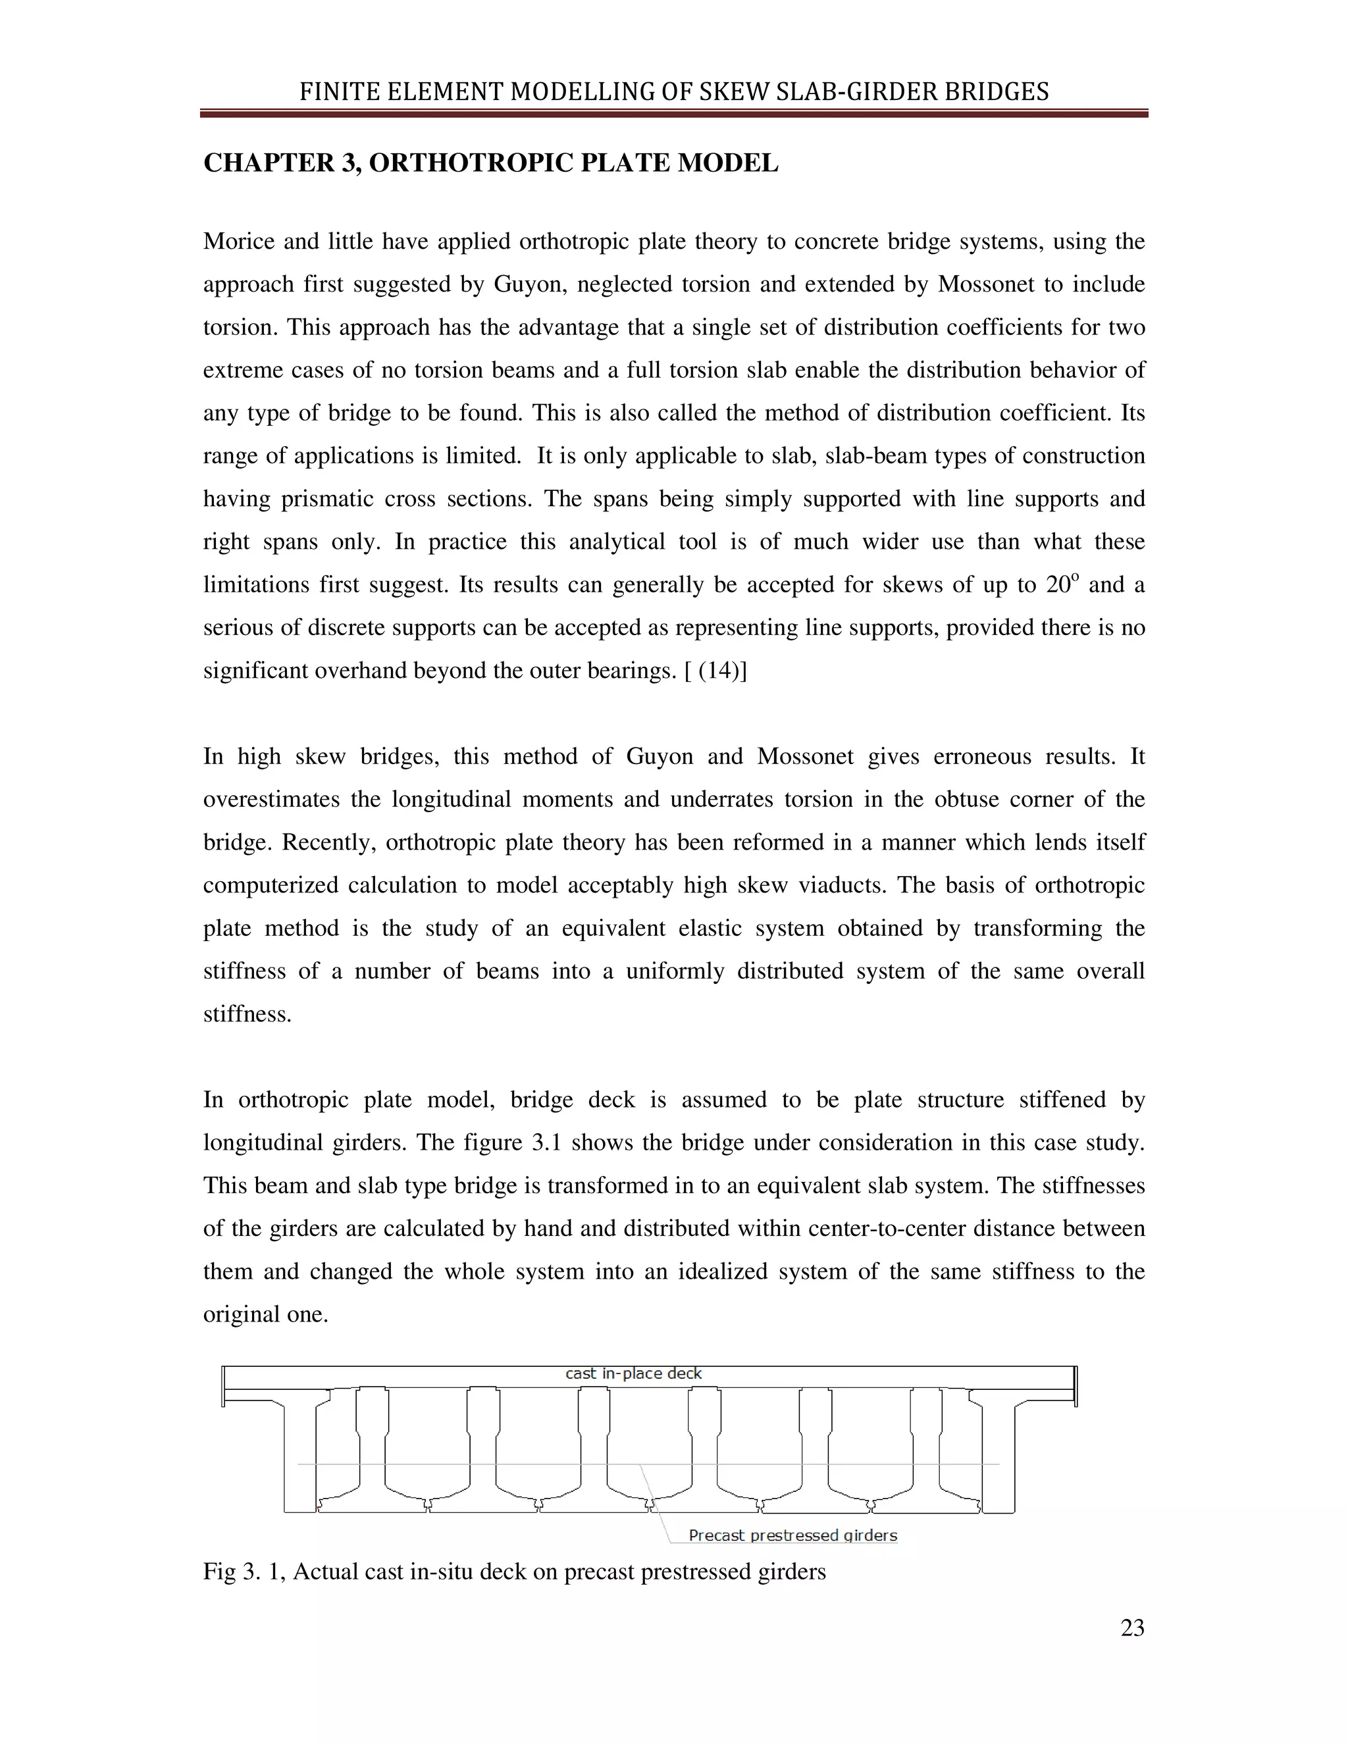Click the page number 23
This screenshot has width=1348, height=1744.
[x=1131, y=1628]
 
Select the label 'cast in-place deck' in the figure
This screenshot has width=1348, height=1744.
[x=633, y=1373]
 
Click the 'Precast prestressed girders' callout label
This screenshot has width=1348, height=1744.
[x=792, y=1535]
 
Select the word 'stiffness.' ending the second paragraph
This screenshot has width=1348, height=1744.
[x=247, y=1014]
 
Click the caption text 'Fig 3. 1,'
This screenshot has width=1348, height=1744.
[x=244, y=1572]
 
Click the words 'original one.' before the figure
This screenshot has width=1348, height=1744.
[x=265, y=1314]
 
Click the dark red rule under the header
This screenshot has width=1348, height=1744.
[x=673, y=115]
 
